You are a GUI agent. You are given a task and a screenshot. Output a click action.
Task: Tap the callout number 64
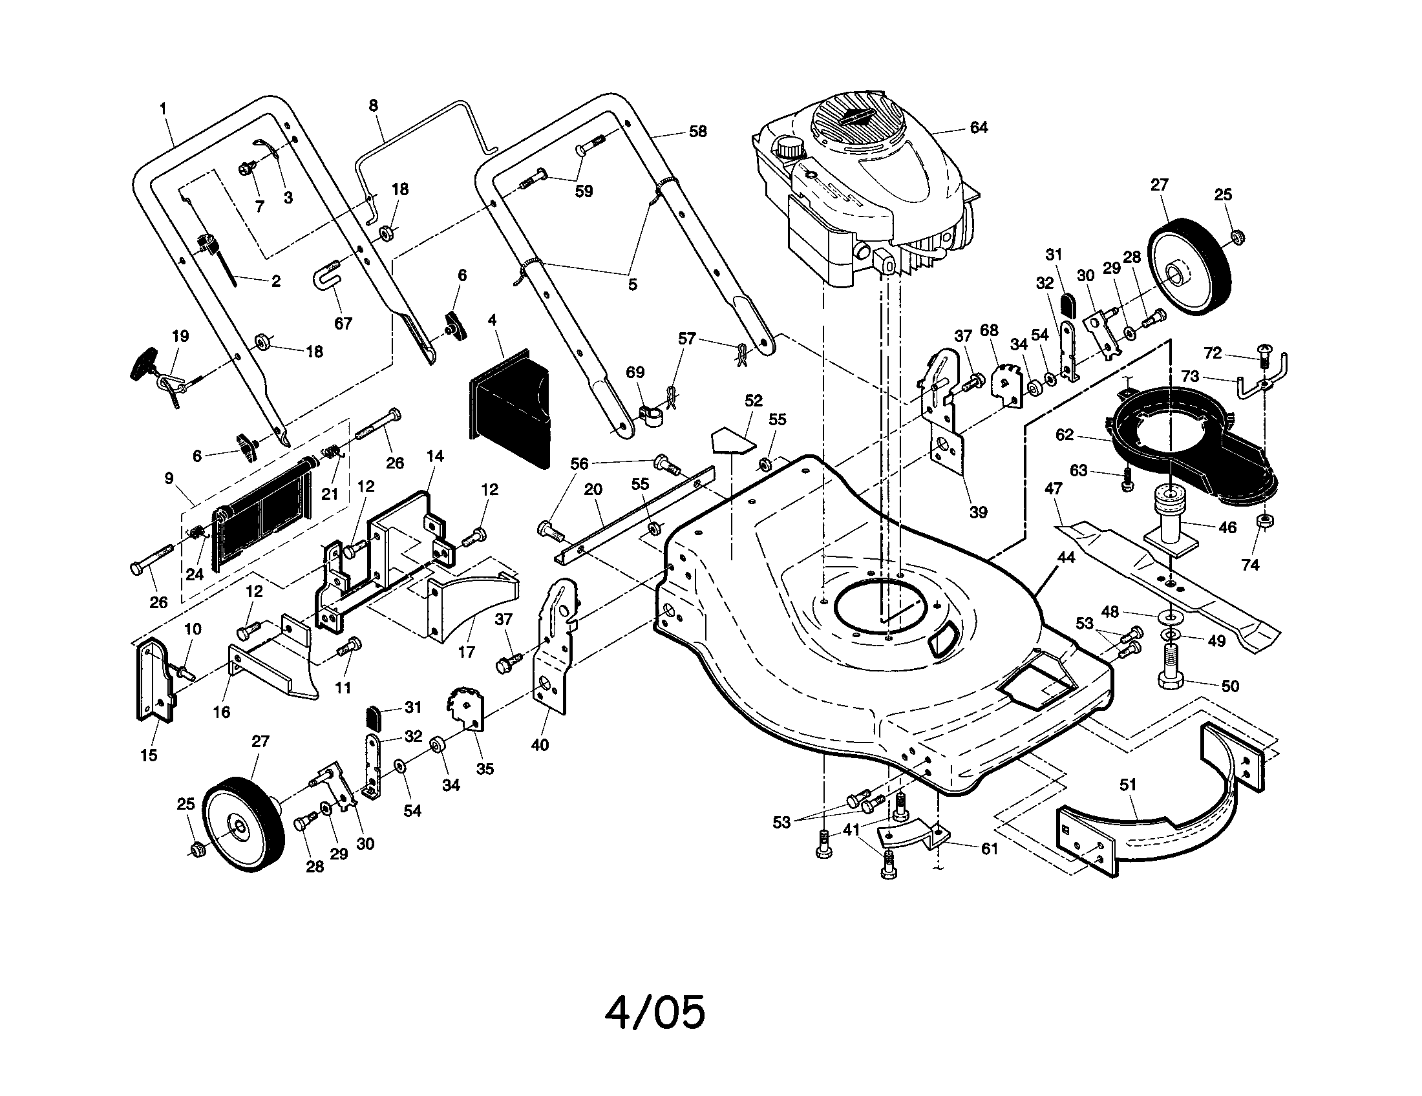(x=979, y=128)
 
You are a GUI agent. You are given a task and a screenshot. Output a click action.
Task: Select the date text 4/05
(x=655, y=1012)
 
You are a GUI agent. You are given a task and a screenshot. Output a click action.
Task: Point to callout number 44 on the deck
(x=1066, y=558)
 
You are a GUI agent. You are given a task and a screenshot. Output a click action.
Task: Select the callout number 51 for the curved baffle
(x=1128, y=785)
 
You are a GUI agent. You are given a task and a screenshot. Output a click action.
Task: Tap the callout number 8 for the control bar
(x=373, y=105)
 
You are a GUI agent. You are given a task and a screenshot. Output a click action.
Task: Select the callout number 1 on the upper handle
(x=163, y=108)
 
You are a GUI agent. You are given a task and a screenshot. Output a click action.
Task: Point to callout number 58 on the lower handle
(x=697, y=131)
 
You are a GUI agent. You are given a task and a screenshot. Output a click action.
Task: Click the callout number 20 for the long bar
(x=593, y=490)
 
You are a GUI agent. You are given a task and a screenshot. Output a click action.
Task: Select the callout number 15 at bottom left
(x=149, y=755)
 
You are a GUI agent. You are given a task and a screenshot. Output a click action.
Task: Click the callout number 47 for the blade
(x=1053, y=488)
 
